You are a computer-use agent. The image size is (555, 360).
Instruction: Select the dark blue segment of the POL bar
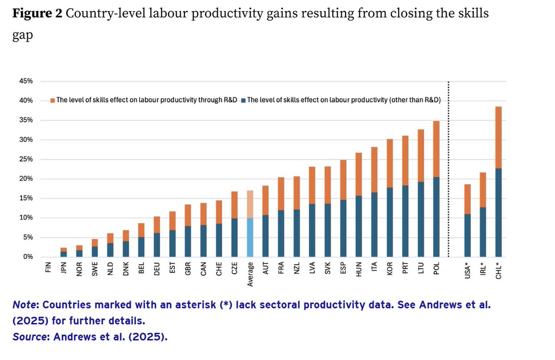tap(436, 217)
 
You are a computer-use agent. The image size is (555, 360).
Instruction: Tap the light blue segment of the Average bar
tap(250, 237)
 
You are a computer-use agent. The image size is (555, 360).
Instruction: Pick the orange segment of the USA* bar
tap(467, 199)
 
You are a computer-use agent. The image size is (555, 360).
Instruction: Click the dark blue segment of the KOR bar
tap(389, 222)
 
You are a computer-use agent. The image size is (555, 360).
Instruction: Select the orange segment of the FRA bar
tap(281, 194)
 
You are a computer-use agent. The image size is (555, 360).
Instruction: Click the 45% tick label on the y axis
tap(25, 81)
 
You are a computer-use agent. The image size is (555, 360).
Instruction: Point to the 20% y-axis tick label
tap(25, 179)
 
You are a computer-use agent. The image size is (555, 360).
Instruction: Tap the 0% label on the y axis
tap(27, 257)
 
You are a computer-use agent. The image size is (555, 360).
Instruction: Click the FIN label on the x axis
tap(49, 268)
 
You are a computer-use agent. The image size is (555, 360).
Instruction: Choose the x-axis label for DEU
tap(157, 268)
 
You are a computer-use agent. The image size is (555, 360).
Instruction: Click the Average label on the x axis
tap(250, 274)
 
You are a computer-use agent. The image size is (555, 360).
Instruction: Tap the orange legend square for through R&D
tap(53, 100)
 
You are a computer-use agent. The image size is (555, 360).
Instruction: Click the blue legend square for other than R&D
tap(244, 100)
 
